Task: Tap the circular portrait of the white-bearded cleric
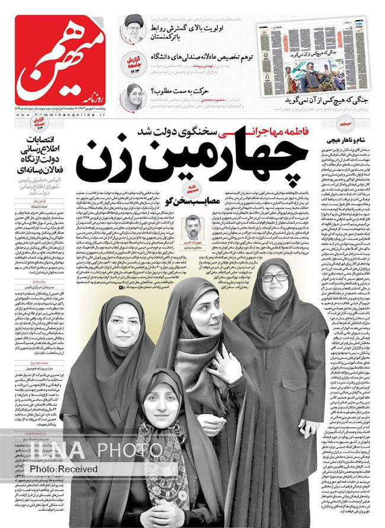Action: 134,28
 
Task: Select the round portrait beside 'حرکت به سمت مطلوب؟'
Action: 134,96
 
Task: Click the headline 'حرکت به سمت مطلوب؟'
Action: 180,91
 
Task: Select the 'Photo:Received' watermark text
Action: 64,469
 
